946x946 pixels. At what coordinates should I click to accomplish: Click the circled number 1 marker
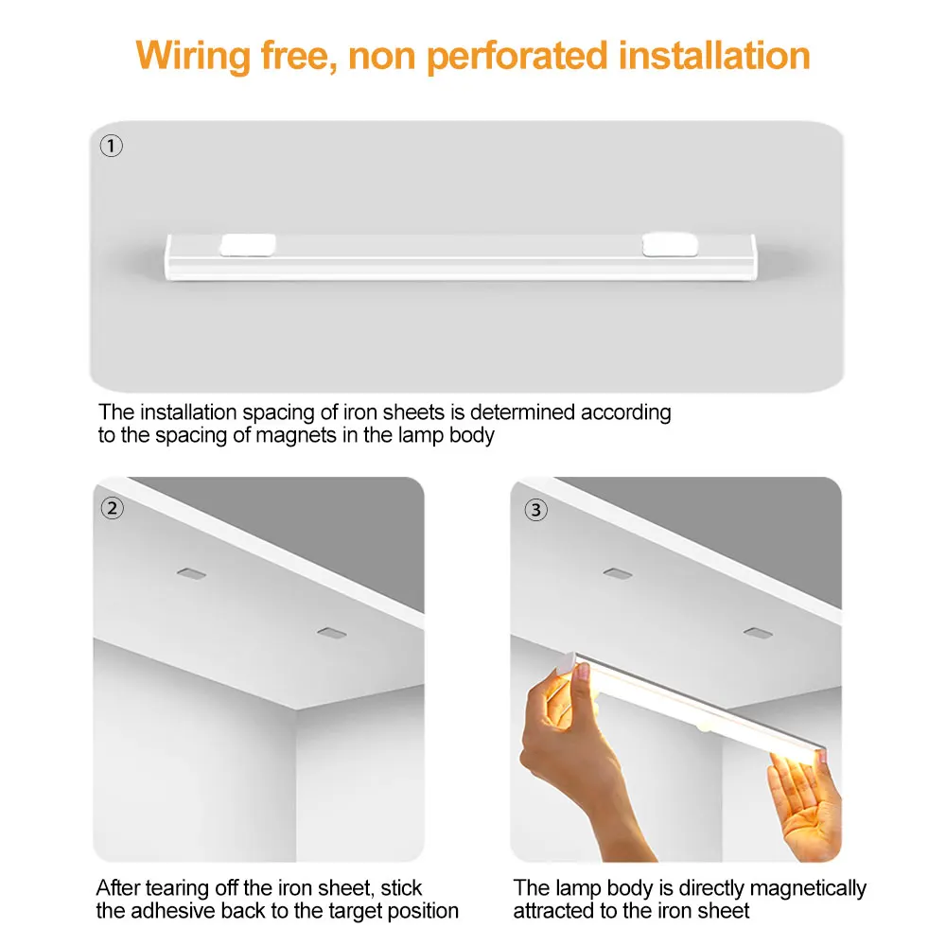click(x=112, y=147)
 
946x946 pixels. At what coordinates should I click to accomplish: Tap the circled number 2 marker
click(x=112, y=509)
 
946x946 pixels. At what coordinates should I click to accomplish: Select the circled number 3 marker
click(x=535, y=510)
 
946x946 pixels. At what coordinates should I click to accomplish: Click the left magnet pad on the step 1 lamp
click(x=247, y=247)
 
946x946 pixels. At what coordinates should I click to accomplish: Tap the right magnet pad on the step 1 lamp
click(x=668, y=247)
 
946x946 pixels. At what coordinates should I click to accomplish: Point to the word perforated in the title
click(x=518, y=55)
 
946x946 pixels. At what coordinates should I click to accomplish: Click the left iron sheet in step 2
click(x=190, y=573)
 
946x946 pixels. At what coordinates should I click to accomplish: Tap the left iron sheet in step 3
click(x=616, y=573)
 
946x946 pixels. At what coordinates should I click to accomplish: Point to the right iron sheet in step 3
click(x=754, y=631)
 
